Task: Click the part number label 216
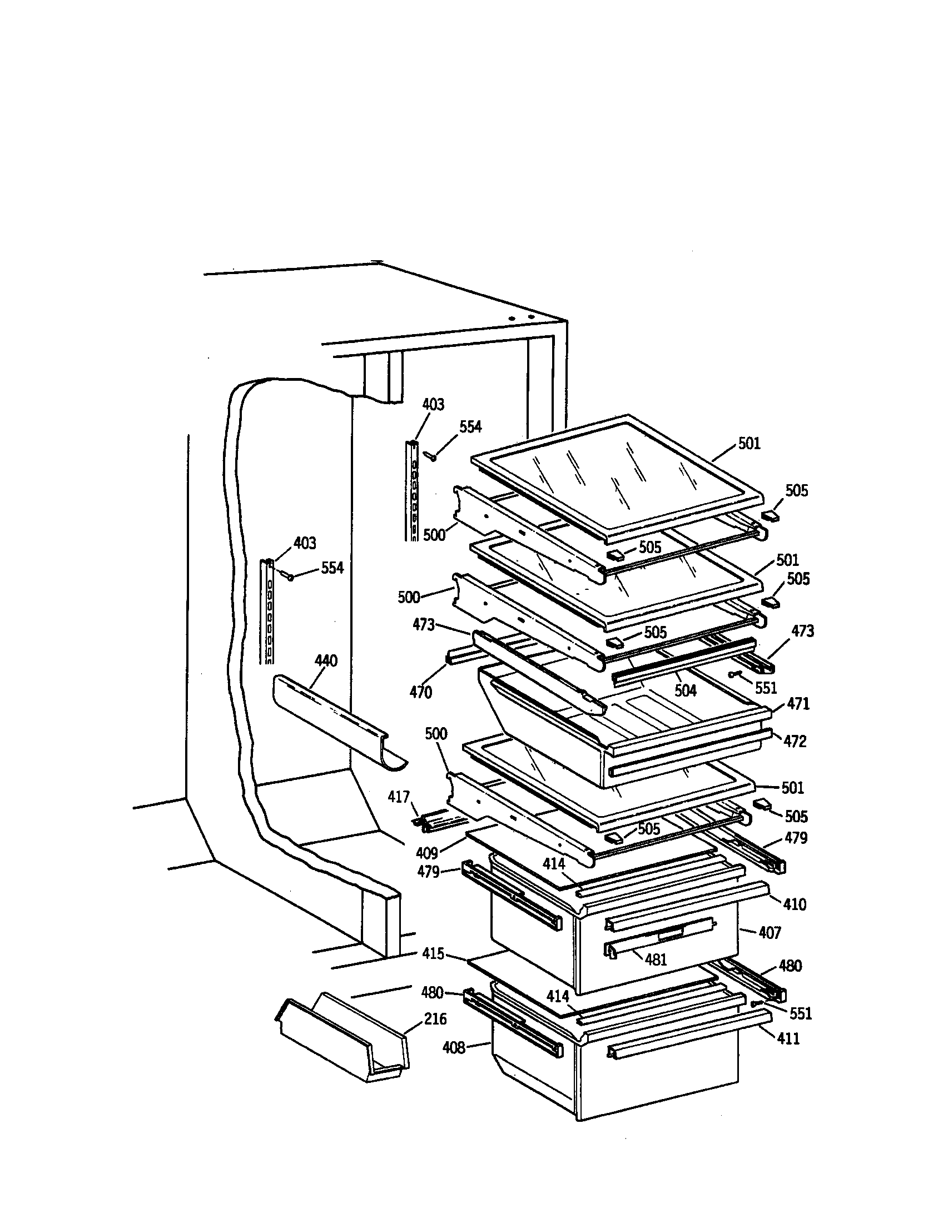pyautogui.click(x=435, y=1018)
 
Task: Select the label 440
pyautogui.click(x=326, y=661)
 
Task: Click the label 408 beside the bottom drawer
pyautogui.click(x=454, y=1047)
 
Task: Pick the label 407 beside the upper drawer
pyautogui.click(x=770, y=932)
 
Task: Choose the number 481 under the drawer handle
pyautogui.click(x=656, y=960)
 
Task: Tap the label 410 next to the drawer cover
pyautogui.click(x=795, y=904)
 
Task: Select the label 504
pyautogui.click(x=686, y=691)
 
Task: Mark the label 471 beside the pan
pyautogui.click(x=798, y=704)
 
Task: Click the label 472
pyautogui.click(x=795, y=742)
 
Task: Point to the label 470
pyautogui.click(x=420, y=693)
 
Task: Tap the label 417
pyautogui.click(x=399, y=797)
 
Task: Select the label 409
pyautogui.click(x=426, y=853)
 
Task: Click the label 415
pyautogui.click(x=434, y=953)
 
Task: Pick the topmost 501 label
pyautogui.click(x=750, y=444)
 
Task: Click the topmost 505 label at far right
pyautogui.click(x=796, y=491)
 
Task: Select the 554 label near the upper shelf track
pyautogui.click(x=470, y=427)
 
